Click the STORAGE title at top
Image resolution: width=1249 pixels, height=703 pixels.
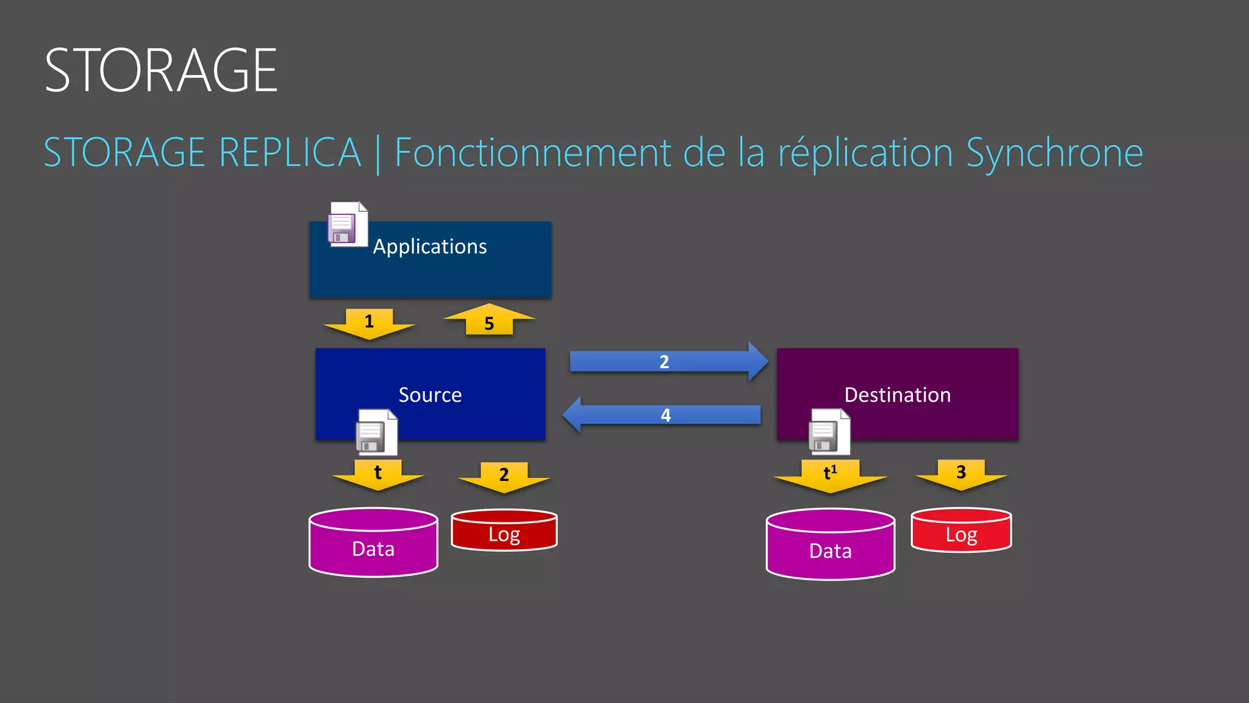pyautogui.click(x=161, y=71)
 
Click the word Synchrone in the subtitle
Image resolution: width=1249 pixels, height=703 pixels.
pyautogui.click(x=1054, y=153)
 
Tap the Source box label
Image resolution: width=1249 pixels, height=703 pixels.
pyautogui.click(x=430, y=395)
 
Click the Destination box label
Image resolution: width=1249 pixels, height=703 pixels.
pyautogui.click(x=897, y=395)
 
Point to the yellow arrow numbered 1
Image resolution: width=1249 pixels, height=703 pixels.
pyautogui.click(x=369, y=323)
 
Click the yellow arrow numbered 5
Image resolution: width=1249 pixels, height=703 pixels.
pyautogui.click(x=489, y=321)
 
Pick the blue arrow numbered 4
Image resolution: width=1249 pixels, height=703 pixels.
pyautogui.click(x=665, y=415)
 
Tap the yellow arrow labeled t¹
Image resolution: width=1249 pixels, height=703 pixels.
pyautogui.click(x=830, y=475)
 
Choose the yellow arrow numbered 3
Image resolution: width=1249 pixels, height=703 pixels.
pyautogui.click(x=961, y=474)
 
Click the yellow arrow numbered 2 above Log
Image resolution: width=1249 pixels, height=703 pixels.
pyautogui.click(x=504, y=476)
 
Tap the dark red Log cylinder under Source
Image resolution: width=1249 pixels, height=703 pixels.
pyautogui.click(x=504, y=531)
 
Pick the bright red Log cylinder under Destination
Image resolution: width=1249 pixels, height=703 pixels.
pyautogui.click(x=961, y=531)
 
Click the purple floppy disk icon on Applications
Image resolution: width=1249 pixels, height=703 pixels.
pyautogui.click(x=347, y=225)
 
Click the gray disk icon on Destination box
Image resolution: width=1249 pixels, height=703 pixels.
pyautogui.click(x=828, y=432)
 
